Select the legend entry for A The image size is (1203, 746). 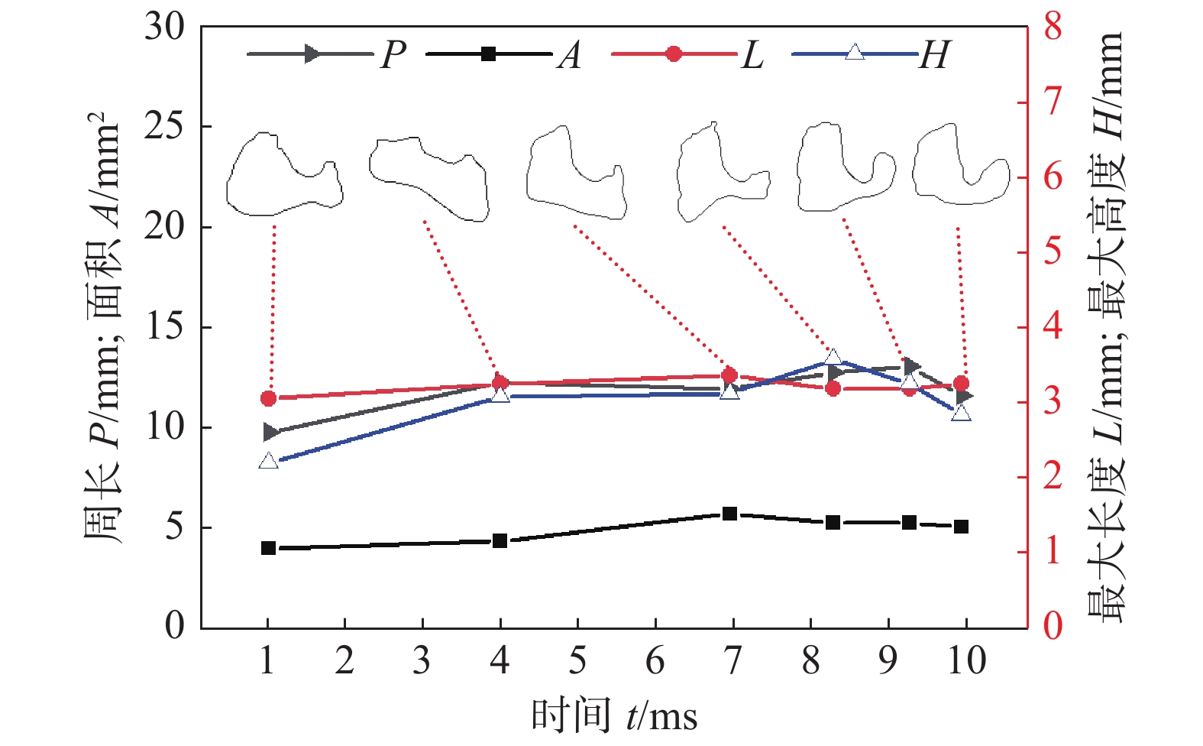point(504,54)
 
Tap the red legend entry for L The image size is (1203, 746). point(687,54)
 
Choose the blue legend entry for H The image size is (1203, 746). point(871,54)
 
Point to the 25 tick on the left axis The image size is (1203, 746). point(164,127)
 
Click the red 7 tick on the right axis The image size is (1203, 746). point(1053,101)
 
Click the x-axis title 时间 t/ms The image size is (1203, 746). point(614,716)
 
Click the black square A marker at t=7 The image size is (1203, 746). point(729,514)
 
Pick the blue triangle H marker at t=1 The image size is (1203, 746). point(268,461)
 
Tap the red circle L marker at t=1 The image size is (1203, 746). point(268,398)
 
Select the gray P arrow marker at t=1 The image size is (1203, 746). point(270,433)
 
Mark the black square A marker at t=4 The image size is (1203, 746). point(500,541)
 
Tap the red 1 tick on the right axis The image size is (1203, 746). point(1053,551)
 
